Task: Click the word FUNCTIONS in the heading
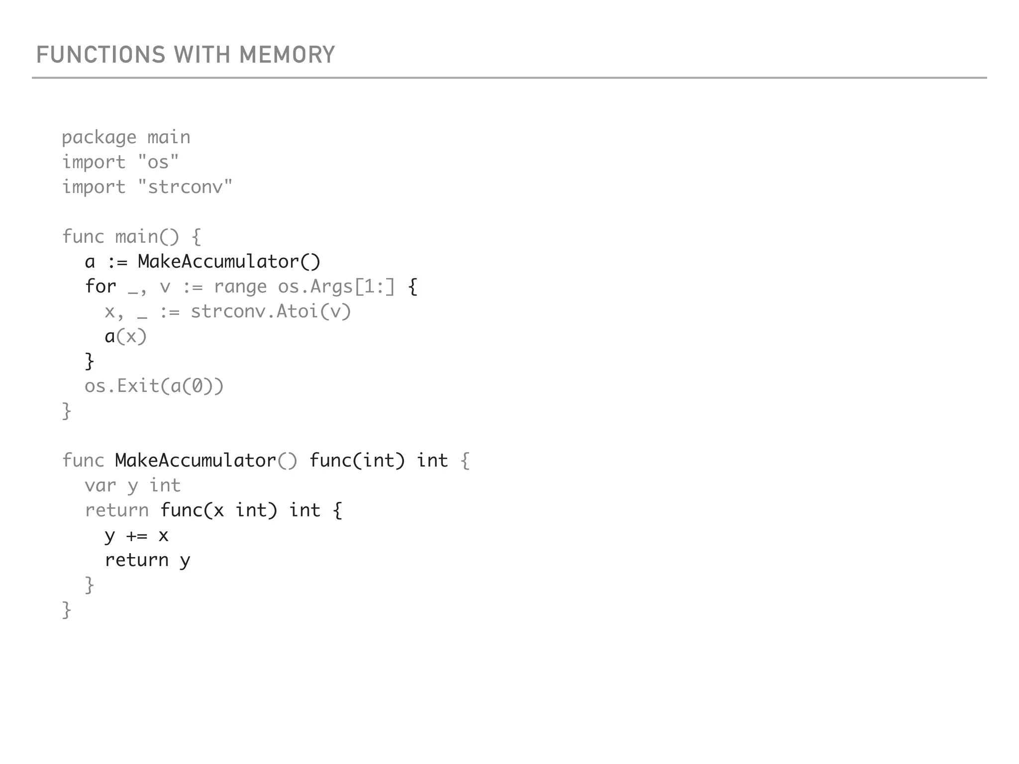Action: [x=101, y=55]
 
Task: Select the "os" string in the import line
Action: [x=158, y=162]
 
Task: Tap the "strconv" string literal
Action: [x=185, y=187]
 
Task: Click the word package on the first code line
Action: [x=99, y=138]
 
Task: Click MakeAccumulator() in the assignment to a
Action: [x=229, y=262]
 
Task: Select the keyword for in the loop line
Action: [x=100, y=286]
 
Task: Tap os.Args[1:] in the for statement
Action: [x=336, y=287]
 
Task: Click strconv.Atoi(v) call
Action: [x=271, y=312]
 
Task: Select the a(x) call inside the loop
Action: [x=125, y=337]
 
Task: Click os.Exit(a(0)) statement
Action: [x=154, y=386]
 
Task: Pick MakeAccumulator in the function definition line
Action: [x=196, y=461]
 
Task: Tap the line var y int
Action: [x=132, y=486]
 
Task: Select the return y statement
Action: [x=147, y=561]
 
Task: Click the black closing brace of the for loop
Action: [x=90, y=362]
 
